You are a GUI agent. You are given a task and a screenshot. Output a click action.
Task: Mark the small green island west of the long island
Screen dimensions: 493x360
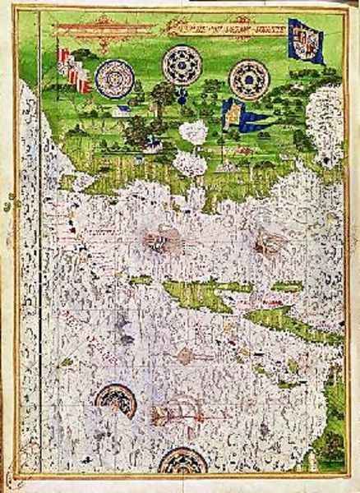pos(140,280)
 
